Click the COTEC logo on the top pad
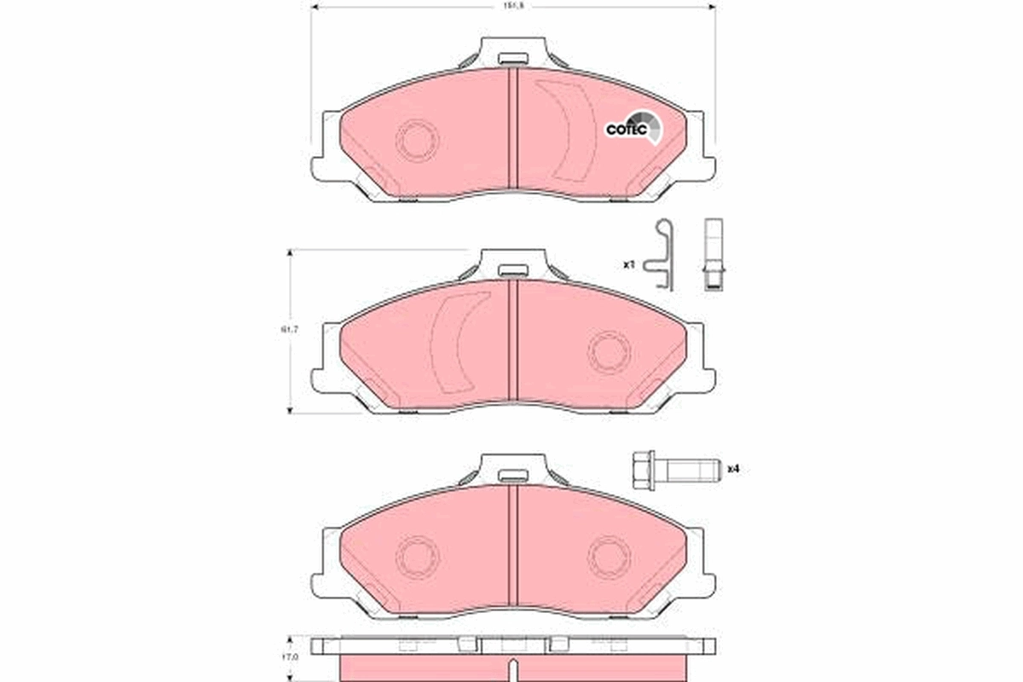click(x=631, y=128)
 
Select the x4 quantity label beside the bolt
click(x=732, y=469)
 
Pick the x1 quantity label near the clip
click(x=629, y=265)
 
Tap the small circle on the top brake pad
click(x=417, y=139)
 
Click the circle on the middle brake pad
click(x=610, y=352)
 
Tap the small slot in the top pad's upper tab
click(x=512, y=60)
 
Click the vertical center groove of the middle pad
click(x=513, y=341)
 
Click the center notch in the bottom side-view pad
click(x=511, y=668)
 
